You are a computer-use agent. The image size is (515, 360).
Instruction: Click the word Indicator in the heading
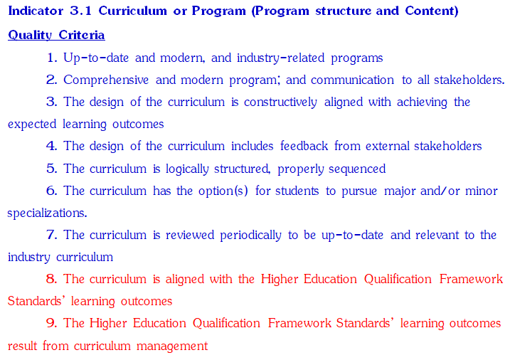coord(36,11)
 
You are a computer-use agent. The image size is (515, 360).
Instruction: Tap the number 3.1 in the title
coord(81,11)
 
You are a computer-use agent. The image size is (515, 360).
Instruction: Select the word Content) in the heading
coord(432,11)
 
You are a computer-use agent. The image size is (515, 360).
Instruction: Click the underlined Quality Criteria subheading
coord(56,35)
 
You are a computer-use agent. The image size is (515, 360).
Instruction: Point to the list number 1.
coord(52,58)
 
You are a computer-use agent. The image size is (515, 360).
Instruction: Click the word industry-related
coord(280,58)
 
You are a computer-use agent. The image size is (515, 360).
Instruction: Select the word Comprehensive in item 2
coord(106,80)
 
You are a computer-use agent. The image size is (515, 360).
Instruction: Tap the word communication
coord(352,80)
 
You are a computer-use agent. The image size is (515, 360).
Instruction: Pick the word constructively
coord(280,102)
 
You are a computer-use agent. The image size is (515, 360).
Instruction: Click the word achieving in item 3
coord(422,102)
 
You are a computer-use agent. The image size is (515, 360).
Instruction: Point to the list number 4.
coord(52,146)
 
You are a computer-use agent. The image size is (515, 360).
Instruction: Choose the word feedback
coord(304,146)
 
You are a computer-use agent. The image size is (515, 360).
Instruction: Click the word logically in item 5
coord(187,169)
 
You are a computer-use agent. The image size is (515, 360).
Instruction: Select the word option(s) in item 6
coord(223,191)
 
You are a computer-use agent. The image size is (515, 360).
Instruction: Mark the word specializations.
coord(47,213)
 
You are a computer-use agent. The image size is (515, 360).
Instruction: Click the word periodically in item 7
coord(250,235)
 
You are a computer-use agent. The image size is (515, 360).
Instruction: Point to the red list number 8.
coord(52,279)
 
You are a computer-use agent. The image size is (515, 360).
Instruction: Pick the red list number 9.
coord(52,323)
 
